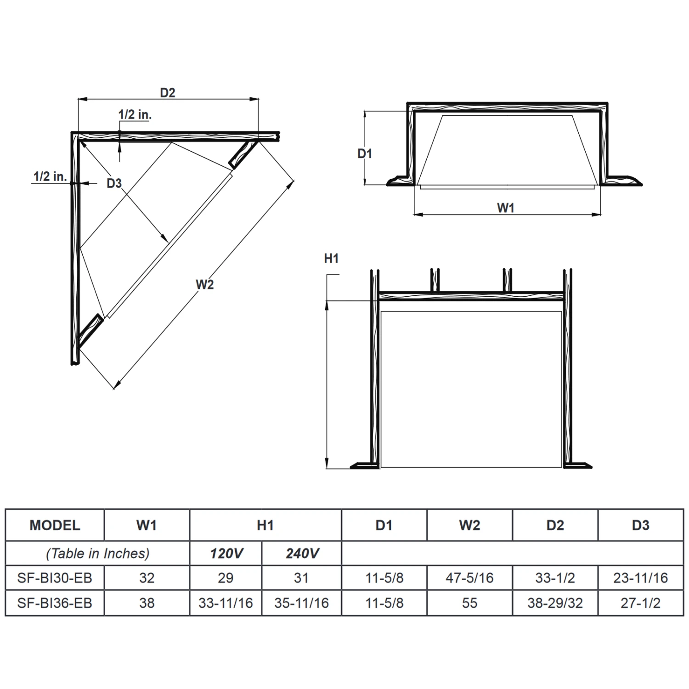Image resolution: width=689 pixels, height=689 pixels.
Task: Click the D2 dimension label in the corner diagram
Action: click(168, 93)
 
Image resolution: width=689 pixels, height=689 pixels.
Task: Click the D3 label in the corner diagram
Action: click(114, 183)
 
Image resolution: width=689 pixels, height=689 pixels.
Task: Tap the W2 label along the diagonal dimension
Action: click(205, 285)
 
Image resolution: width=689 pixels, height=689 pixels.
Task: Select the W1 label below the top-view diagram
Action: click(505, 208)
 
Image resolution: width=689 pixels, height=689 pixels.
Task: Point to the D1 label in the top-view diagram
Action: click(365, 154)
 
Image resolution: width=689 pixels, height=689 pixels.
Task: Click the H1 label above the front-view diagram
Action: click(331, 259)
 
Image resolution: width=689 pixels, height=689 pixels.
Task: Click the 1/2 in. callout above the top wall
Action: click(135, 115)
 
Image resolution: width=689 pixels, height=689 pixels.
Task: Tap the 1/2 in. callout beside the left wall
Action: click(50, 176)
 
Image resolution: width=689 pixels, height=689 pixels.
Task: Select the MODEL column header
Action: click(55, 525)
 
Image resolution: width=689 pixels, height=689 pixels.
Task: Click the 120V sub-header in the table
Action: click(226, 553)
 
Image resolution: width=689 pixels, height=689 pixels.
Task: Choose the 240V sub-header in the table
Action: click(302, 553)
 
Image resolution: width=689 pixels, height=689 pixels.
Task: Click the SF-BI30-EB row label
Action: click(55, 578)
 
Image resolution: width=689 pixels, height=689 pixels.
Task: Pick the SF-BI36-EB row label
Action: click(55, 603)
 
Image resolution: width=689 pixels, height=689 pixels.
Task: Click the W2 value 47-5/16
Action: click(469, 578)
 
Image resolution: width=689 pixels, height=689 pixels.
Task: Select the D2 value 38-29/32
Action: click(555, 603)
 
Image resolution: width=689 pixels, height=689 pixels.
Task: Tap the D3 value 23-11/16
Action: click(640, 578)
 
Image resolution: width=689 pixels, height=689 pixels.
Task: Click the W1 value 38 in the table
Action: click(147, 603)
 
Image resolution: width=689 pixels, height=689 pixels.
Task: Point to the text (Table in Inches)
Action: click(98, 553)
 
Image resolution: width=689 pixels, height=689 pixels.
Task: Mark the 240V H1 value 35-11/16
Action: click(302, 603)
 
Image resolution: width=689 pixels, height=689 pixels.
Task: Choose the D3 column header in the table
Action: click(640, 525)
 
